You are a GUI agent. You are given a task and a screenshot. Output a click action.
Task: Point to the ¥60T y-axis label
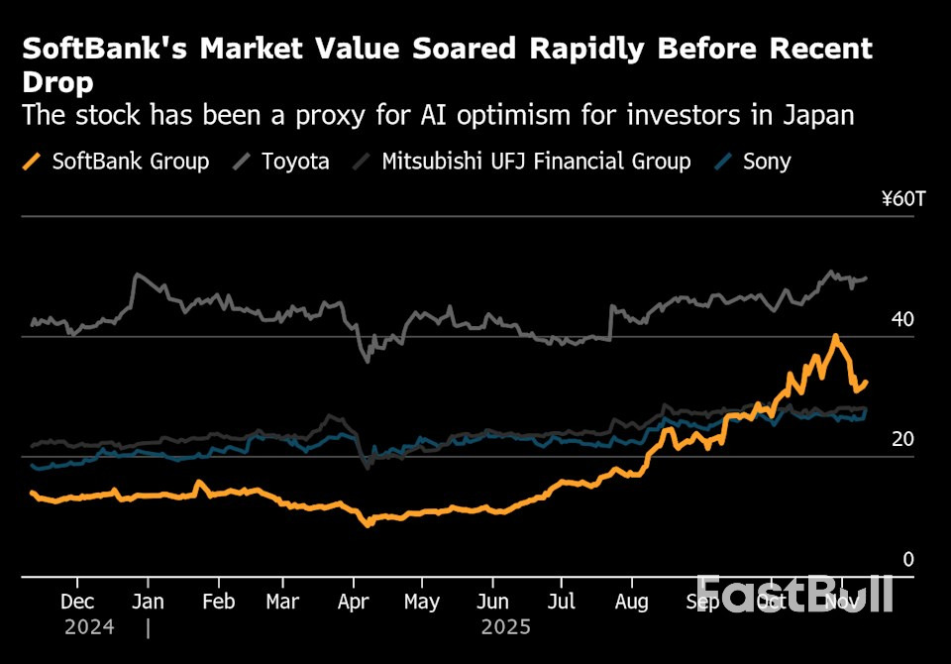pos(902,199)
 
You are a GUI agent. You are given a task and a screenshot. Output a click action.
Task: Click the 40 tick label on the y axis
pos(902,320)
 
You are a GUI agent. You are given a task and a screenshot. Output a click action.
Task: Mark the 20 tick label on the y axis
pos(902,440)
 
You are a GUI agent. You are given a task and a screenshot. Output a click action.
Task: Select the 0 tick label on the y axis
pos(908,560)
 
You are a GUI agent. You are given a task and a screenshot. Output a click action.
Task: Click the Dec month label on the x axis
pos(77,602)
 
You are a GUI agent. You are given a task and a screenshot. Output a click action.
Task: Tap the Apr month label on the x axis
pos(354,602)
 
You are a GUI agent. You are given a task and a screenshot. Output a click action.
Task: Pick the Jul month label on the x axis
pos(562,602)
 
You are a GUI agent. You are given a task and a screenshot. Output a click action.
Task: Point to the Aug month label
pos(631,602)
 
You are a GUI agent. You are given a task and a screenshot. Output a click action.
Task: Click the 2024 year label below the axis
pos(89,627)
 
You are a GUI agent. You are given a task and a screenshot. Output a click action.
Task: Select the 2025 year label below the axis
pos(505,627)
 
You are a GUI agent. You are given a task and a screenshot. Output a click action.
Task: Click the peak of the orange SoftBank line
pos(836,336)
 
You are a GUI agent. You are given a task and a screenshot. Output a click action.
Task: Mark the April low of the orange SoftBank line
pos(369,523)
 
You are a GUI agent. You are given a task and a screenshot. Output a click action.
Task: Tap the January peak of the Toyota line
pos(137,275)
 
